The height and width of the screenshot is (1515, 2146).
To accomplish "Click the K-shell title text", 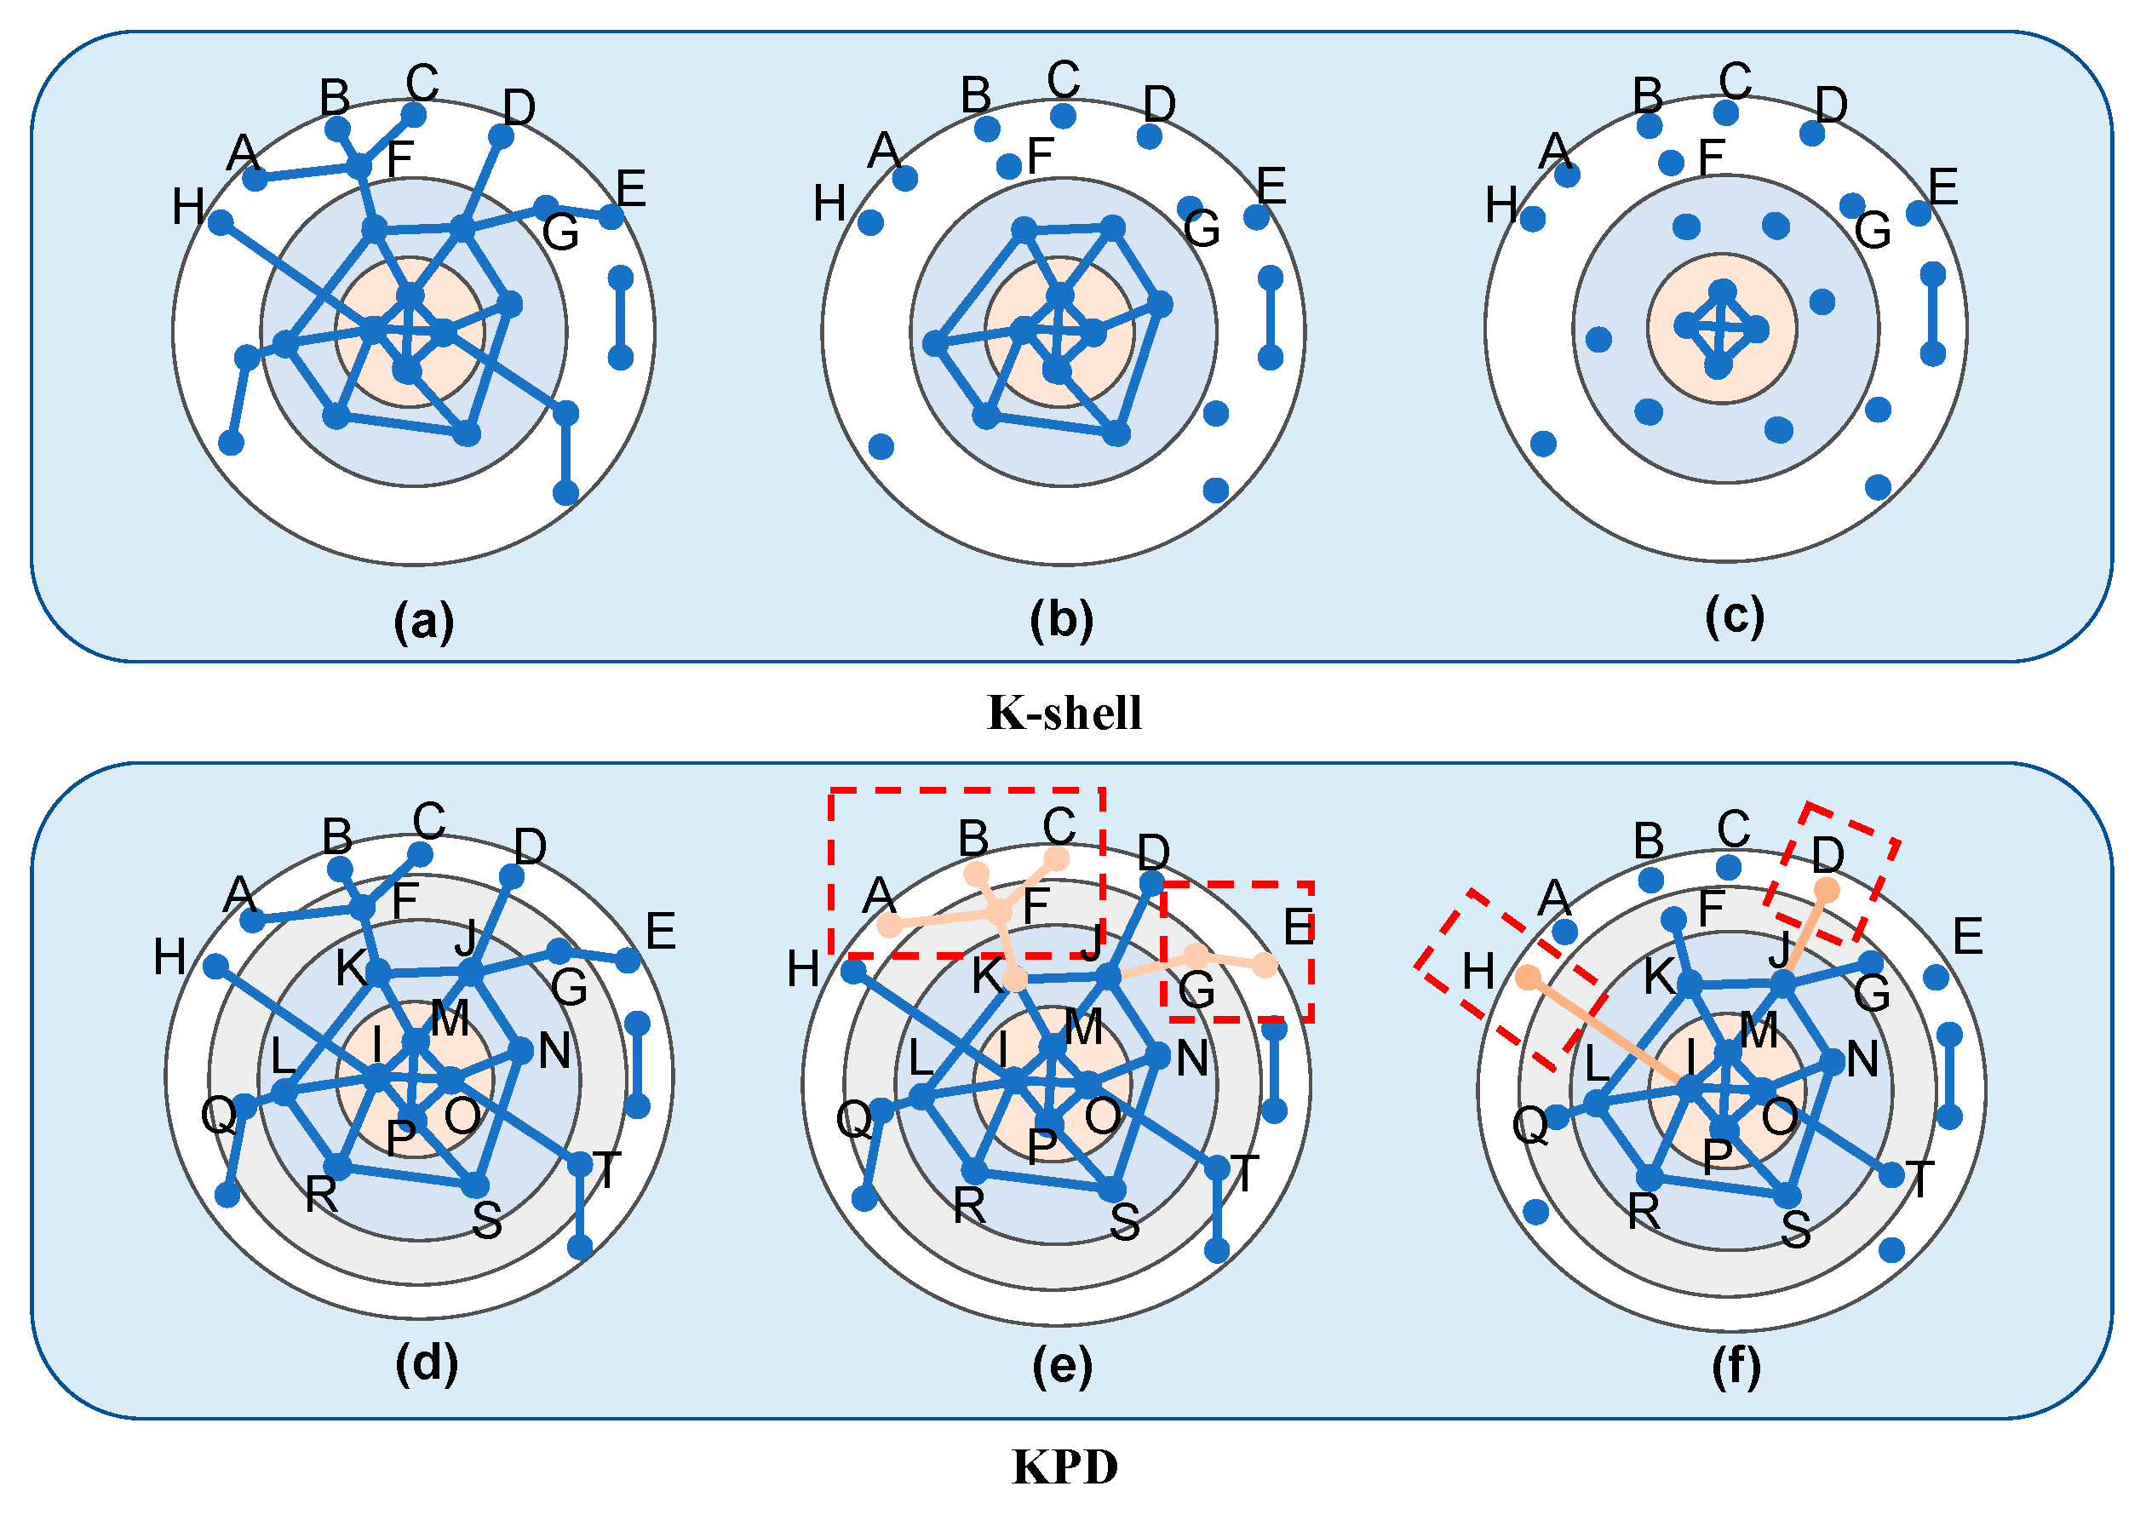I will [x=1064, y=713].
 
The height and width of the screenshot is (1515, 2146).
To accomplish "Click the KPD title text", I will [x=1064, y=1466].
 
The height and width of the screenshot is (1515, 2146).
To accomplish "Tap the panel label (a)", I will [x=423, y=621].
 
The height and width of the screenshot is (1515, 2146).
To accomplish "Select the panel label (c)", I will [x=1735, y=616].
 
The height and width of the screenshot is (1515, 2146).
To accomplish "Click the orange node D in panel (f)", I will [x=1827, y=891].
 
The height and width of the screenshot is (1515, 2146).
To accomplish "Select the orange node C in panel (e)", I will [x=1057, y=858].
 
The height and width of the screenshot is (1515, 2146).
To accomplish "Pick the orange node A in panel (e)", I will [x=890, y=927].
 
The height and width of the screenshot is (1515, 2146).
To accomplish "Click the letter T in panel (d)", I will [x=606, y=1169].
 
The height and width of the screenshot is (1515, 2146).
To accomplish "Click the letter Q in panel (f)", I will [x=1530, y=1126].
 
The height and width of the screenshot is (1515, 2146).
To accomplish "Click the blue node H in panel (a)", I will [x=221, y=222].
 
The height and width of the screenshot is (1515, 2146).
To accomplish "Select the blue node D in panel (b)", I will [x=1150, y=136].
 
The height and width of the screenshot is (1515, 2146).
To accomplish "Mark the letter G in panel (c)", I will [x=1873, y=231].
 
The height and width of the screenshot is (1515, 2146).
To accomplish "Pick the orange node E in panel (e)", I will [x=1265, y=966].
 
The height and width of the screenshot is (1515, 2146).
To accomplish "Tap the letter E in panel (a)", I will [x=631, y=189].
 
